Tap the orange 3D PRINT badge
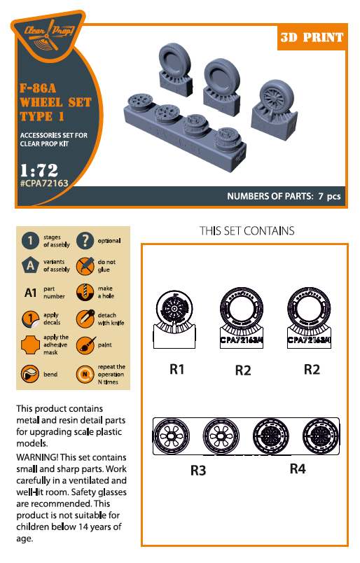312,37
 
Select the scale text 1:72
39,169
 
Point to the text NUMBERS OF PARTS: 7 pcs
284,197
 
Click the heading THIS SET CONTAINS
247,230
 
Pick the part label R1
177,368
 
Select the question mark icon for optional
85,241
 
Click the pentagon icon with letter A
30,266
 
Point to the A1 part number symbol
30,292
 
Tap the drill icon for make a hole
85,292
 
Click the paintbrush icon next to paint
85,345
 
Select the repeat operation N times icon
85,371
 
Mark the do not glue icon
85,266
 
